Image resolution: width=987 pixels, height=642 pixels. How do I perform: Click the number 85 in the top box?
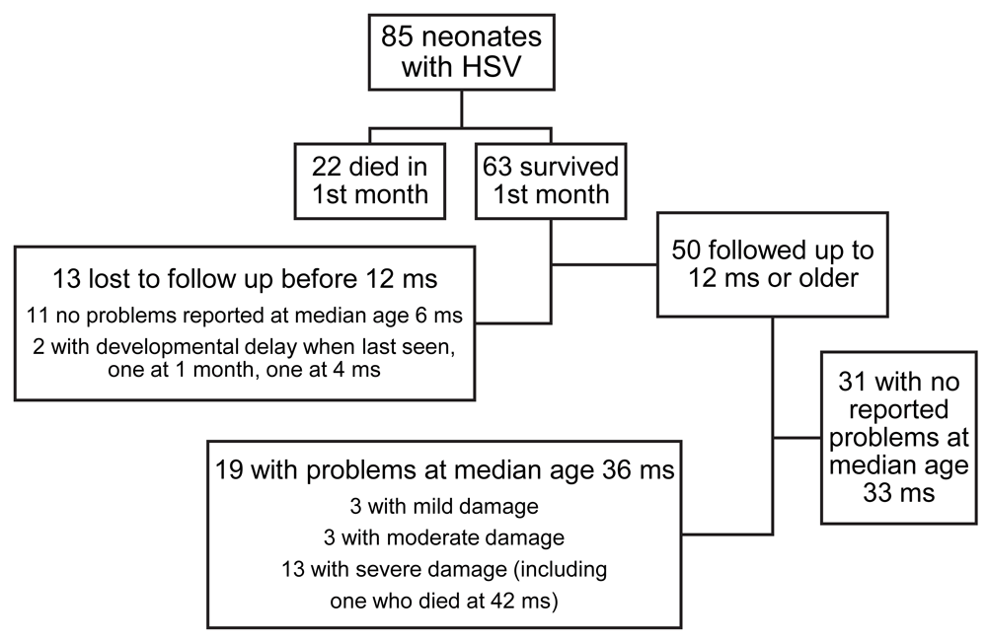(x=397, y=36)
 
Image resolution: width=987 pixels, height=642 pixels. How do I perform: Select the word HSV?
(x=493, y=66)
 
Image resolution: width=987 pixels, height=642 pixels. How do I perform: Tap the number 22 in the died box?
(x=327, y=167)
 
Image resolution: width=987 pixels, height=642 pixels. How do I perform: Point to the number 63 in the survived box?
(x=497, y=167)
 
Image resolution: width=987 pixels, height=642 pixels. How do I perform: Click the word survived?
(x=569, y=167)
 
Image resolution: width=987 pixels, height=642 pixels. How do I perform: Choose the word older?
(x=828, y=277)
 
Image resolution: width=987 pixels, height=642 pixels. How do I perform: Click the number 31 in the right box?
(x=854, y=382)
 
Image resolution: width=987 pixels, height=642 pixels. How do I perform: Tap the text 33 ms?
(x=899, y=492)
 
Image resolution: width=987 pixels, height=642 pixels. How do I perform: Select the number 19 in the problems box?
(x=229, y=469)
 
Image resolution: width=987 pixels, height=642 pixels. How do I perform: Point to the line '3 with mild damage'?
(x=444, y=506)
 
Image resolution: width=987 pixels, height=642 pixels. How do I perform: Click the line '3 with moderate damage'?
(x=444, y=537)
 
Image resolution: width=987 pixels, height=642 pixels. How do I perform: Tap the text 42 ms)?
(x=527, y=601)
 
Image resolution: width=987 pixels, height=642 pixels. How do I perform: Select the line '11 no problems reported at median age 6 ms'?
(x=244, y=315)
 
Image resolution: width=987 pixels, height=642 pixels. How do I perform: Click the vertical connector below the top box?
(x=462, y=109)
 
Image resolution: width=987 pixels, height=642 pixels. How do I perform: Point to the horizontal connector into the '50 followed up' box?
(x=604, y=264)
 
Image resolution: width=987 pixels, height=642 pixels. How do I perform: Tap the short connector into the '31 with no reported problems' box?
(x=797, y=437)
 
